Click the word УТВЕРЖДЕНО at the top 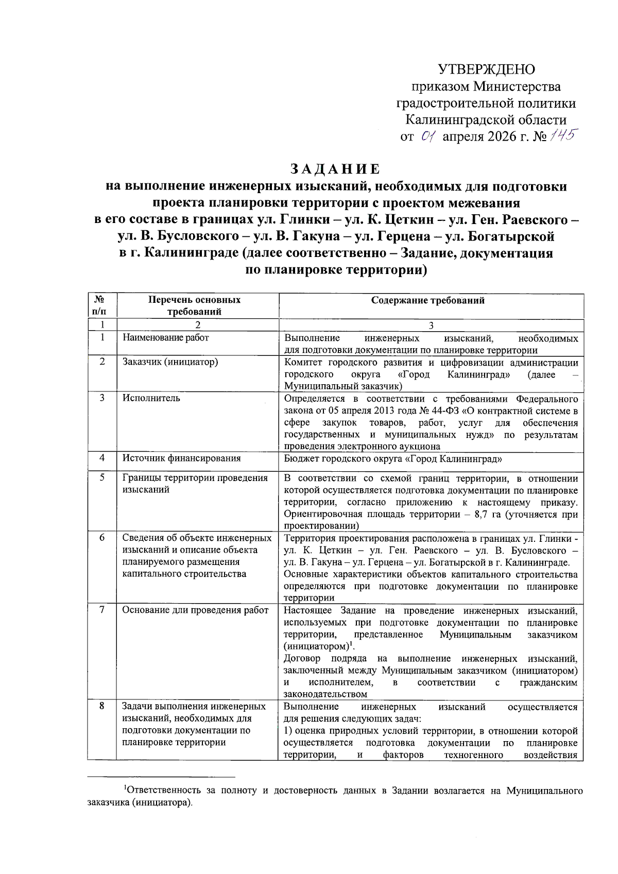(x=486, y=70)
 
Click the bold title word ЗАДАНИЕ (x=335, y=169)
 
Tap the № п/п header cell (x=101, y=305)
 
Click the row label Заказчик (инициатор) (x=170, y=362)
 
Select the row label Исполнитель (x=151, y=398)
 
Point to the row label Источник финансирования (x=181, y=458)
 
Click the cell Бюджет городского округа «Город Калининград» (x=393, y=459)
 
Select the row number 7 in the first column (x=102, y=610)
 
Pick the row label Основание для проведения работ (x=195, y=610)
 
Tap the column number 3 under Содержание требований (x=431, y=325)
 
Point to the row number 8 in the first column (x=102, y=706)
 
